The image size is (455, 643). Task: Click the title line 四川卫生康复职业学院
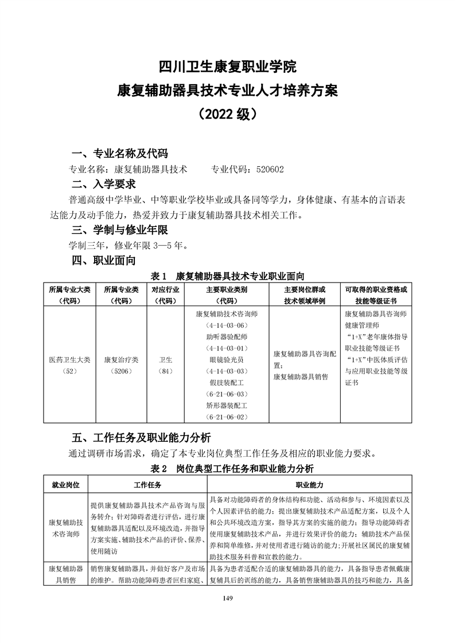coord(227,66)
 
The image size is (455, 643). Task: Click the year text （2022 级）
coord(227,113)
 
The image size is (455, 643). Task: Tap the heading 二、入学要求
coord(103,185)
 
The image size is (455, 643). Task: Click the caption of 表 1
coord(227,276)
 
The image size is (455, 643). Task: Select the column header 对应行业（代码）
coord(165,295)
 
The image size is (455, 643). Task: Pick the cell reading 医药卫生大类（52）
coord(70,365)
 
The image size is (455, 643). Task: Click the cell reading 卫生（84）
coord(165,365)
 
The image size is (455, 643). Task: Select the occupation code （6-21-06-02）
coord(227,417)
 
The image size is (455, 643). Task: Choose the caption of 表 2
coord(227,469)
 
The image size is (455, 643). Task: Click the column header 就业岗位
coord(65,485)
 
